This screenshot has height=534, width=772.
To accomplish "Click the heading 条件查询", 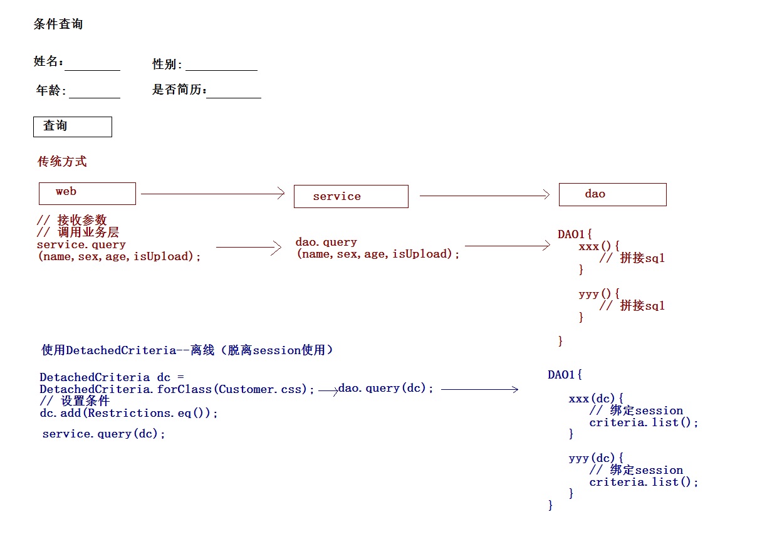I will click(58, 24).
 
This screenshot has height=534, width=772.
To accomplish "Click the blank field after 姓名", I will click(92, 64).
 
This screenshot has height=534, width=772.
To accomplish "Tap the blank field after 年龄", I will click(94, 92).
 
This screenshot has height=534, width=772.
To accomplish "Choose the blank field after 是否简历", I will click(234, 92).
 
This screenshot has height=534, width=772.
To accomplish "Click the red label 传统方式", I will click(62, 162).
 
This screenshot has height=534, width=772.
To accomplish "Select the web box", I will click(87, 193).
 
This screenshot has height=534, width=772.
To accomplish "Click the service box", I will click(351, 196).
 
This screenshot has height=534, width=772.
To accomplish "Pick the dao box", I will click(612, 194).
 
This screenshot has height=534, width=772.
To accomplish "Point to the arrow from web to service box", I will click(213, 194).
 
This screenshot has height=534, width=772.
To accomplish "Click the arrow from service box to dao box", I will click(484, 196).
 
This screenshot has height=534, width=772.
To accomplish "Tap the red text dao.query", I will click(326, 242).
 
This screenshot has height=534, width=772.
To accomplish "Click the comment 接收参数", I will click(72, 220).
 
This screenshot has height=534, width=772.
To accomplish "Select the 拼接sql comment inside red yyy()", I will click(632, 306).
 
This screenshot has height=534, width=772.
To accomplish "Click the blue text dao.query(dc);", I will click(386, 389).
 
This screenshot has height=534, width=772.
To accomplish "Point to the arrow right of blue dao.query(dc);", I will click(479, 389).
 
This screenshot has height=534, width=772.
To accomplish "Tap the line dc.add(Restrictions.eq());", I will click(128, 413).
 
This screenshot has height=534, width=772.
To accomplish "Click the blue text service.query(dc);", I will click(104, 434).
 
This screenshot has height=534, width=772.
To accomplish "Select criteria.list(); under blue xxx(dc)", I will click(644, 422).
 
